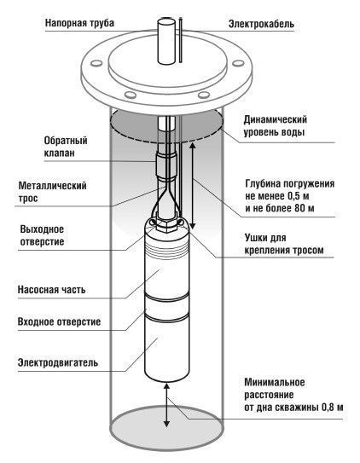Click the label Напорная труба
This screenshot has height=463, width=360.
coord(79,23)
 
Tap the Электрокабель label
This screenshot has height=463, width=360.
coord(261,24)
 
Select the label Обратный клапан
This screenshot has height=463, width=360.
coord(66,147)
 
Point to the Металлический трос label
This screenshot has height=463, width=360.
coord(52,192)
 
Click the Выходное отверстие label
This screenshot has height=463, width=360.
coord(42,235)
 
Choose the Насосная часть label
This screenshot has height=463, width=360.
coord(52,289)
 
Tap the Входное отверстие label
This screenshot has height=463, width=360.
coord(59,321)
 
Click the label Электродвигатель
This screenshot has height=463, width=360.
coord(58,362)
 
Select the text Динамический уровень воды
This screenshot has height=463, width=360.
coord(276,126)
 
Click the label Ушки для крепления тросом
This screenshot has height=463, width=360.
coord(284,244)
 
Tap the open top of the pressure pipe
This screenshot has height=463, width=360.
coord(166,22)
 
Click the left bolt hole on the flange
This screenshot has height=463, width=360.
coord(96,63)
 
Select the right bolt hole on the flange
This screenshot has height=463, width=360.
coord(238,63)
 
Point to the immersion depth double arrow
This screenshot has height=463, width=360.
coord(192,186)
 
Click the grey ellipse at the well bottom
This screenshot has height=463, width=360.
coord(166,425)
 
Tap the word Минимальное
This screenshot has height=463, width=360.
coord(275,382)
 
